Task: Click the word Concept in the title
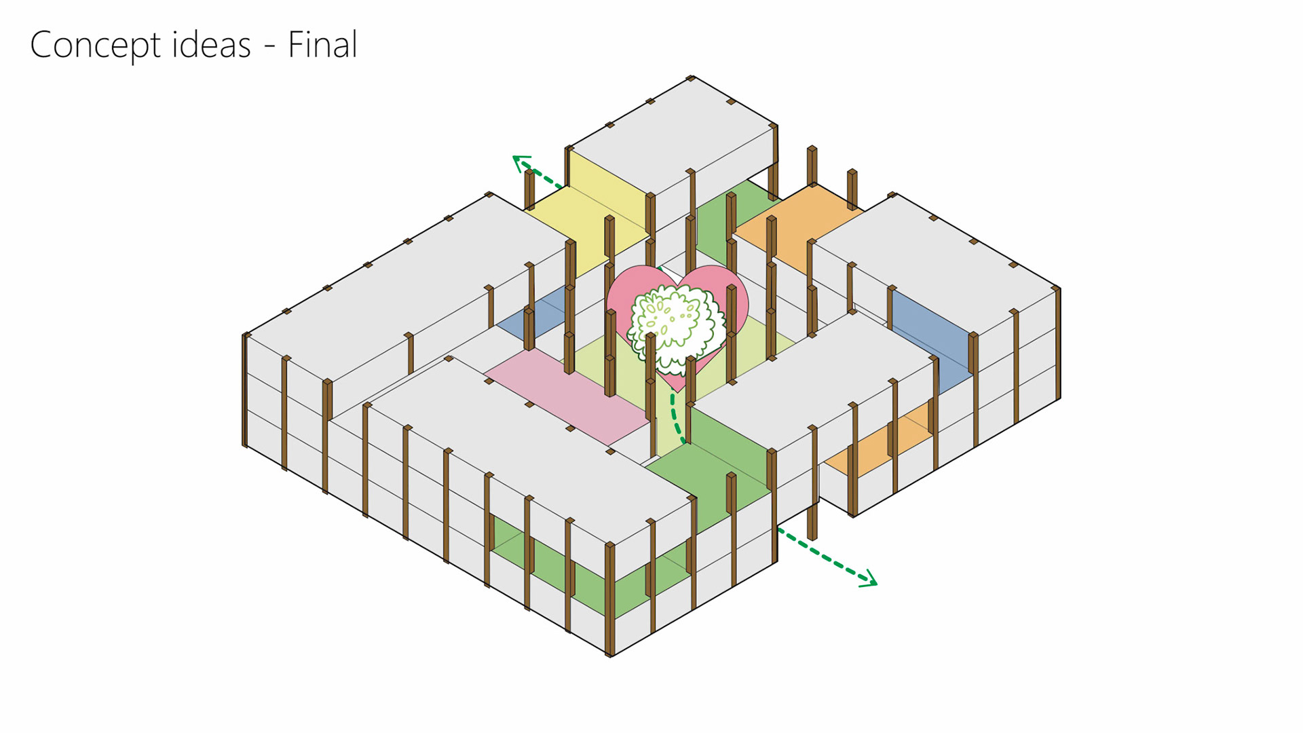95,45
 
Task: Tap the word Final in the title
322,45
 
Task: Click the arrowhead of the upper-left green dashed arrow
521,162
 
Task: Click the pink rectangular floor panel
567,397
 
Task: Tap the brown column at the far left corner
246,390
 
